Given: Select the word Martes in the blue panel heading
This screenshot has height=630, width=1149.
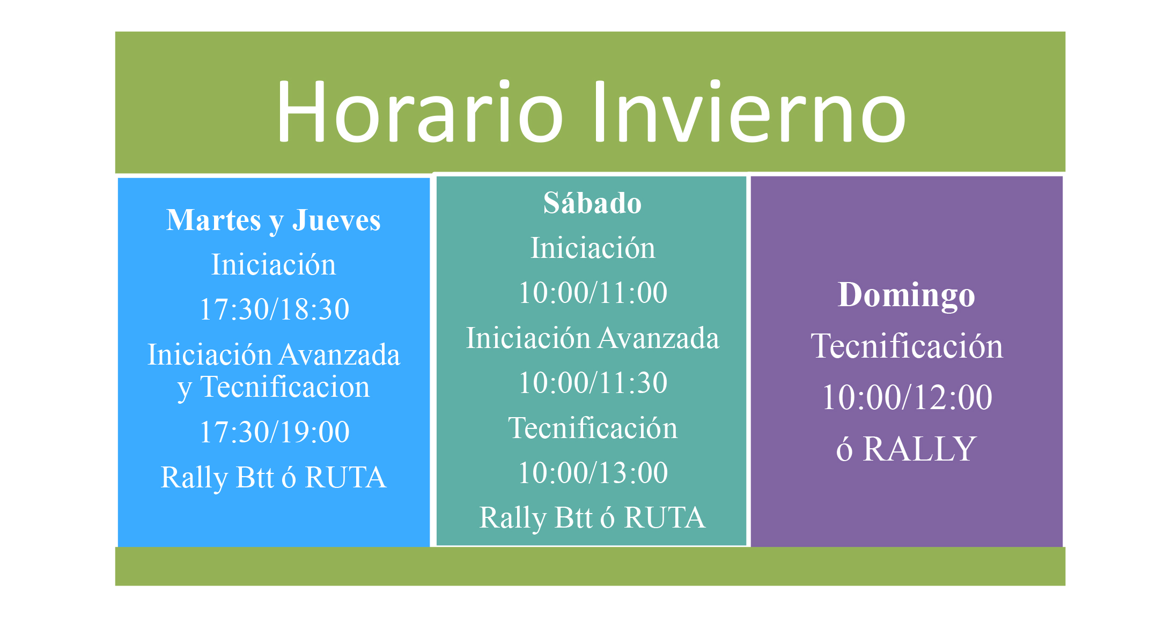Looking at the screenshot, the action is pos(213,220).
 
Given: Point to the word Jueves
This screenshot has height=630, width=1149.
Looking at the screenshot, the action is pos(336,220).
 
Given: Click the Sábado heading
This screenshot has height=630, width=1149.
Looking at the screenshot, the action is pos(592,203).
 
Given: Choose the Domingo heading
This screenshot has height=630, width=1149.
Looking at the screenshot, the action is pos(907,295).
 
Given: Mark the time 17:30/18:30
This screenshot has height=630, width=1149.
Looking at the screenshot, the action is pos(274,309).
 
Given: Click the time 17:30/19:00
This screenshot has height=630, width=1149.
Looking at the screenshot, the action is pos(274,432).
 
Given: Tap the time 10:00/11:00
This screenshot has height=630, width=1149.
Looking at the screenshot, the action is pos(593,293).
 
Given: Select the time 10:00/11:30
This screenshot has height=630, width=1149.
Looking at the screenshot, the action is pos(593,383).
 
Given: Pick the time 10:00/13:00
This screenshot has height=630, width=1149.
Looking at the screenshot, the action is pos(593,473).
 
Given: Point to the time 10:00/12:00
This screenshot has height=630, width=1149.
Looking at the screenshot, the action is pos(907,397).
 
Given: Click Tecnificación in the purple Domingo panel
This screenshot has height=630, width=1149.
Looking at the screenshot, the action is pos(907,346).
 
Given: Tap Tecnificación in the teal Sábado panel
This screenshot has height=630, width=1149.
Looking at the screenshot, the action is pos(593,428).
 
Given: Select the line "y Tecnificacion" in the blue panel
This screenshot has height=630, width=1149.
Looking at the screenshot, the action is pos(274,387).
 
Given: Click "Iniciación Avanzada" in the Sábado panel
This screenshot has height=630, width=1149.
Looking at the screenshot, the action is pos(593,338).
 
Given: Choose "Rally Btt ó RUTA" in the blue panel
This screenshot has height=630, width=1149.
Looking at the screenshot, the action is pos(274,477).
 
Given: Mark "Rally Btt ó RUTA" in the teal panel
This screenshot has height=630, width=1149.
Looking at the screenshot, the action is pos(592,517).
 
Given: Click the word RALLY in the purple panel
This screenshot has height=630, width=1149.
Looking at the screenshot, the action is pos(919,449).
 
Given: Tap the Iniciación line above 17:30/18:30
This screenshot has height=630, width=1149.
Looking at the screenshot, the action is pos(274,264).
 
